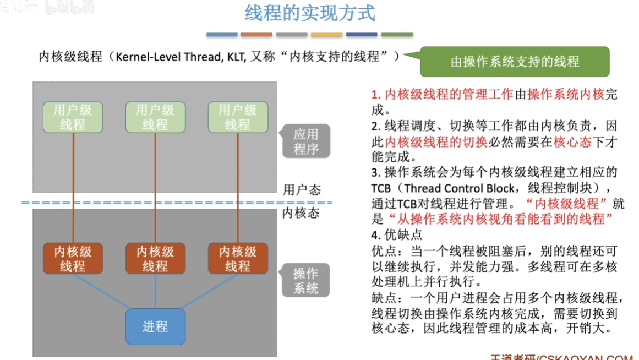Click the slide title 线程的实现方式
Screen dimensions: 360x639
(310, 13)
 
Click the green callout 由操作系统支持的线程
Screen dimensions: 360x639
(515, 61)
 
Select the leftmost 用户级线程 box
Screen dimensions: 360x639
(73, 117)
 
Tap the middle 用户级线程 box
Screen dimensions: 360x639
(155, 117)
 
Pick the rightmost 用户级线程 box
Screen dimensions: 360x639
(238, 117)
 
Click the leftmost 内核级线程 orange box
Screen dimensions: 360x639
(73, 259)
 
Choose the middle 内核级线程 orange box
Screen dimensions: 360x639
(155, 259)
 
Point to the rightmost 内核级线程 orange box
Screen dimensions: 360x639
(238, 259)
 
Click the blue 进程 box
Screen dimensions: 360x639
(155, 326)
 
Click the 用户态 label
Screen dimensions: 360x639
(301, 190)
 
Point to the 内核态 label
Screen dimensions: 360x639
(301, 212)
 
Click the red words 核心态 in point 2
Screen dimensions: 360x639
(572, 141)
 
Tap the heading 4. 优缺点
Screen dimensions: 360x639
(397, 235)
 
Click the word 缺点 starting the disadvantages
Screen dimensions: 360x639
(384, 298)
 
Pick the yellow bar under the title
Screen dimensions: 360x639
(327, 35)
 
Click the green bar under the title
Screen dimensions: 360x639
(397, 35)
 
